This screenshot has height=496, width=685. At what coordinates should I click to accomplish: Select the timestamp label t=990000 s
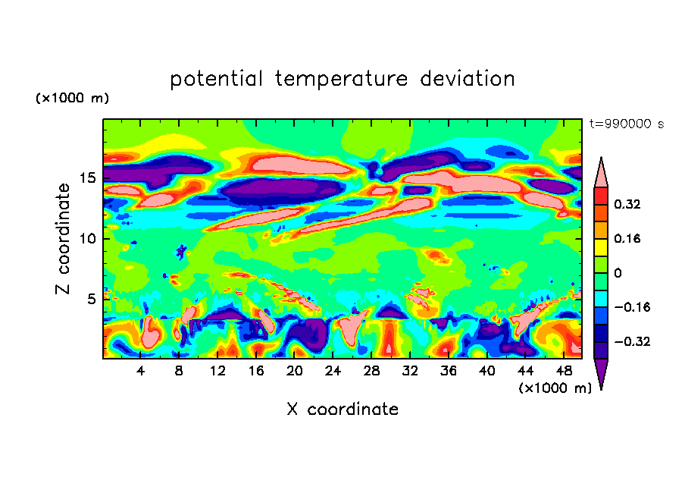pos(626,124)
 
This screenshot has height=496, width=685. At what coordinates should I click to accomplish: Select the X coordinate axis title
pos(342,410)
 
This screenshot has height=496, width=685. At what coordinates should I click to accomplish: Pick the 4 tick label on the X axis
pos(141,371)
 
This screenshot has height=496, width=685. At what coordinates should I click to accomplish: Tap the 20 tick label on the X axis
pos(294,371)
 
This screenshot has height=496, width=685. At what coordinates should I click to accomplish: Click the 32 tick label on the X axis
pos(409,371)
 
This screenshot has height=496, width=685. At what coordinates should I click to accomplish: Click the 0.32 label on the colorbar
pos(628,204)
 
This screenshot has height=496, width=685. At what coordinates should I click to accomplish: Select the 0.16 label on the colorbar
pos(628,238)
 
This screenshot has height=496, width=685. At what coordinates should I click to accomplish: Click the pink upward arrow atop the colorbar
pos(601,173)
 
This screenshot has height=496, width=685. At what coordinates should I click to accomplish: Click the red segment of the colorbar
pos(601,195)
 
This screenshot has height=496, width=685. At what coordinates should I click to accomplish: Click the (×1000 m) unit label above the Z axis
pos(73,99)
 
